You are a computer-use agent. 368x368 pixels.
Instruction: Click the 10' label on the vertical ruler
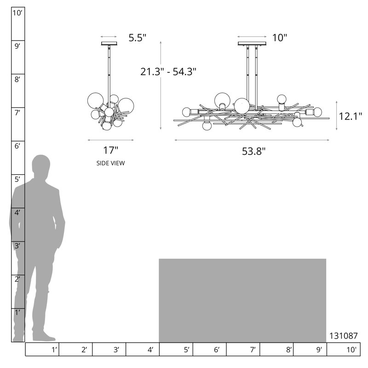pos(17,13)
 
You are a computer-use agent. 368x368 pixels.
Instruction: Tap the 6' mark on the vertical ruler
pos(17,146)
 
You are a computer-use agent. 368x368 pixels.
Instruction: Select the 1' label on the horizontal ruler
pos(54,350)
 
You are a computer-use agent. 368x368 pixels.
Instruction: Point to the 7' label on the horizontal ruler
pos(253,350)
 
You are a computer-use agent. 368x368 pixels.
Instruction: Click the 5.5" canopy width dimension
pos(137,38)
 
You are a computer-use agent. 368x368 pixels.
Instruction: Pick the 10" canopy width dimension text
pos(280,38)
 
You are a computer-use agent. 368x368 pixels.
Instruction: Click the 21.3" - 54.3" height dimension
pos(168,72)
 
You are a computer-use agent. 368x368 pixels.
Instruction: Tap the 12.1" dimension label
pos(351,116)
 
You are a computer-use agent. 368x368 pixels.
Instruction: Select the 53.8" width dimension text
pos(254,151)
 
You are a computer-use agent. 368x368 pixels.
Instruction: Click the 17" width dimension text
pos(110,150)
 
